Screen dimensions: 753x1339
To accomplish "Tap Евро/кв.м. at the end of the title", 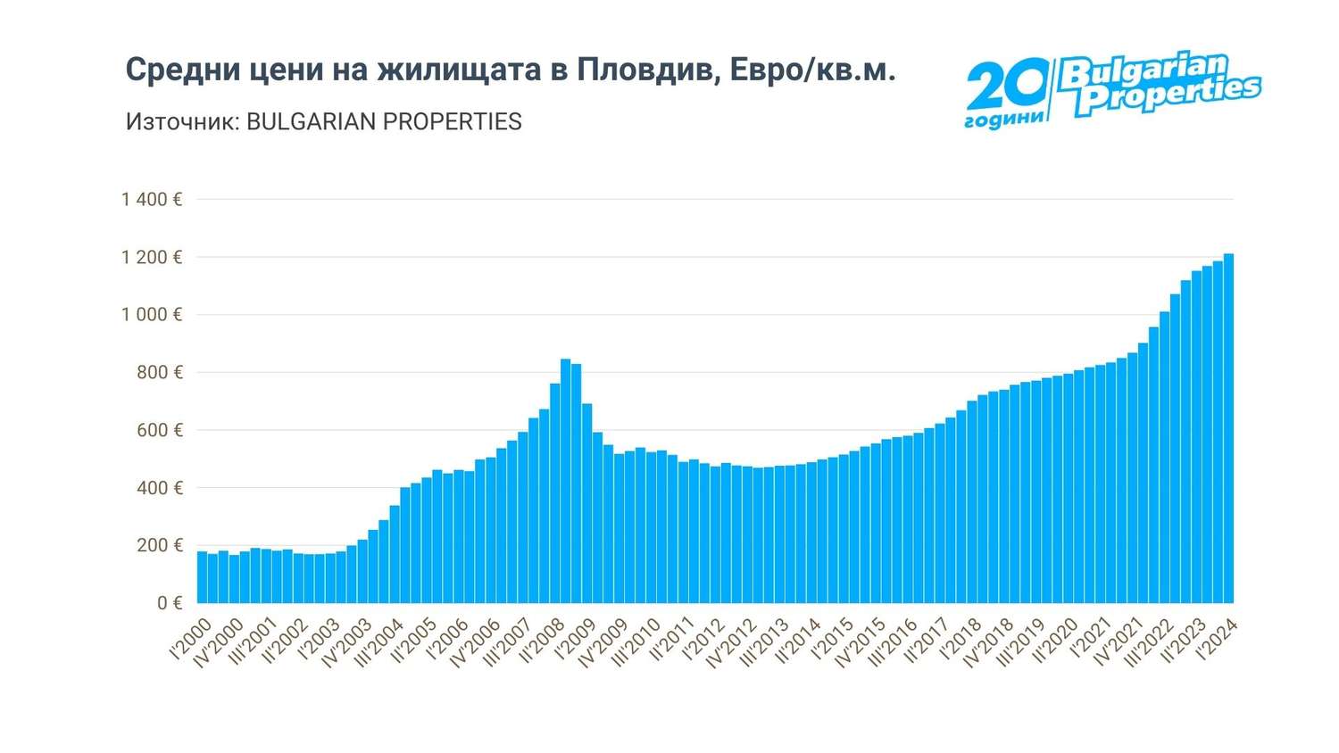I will [x=811, y=70].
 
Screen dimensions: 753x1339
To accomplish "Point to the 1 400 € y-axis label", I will [x=152, y=199].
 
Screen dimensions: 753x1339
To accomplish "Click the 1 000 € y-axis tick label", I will [x=152, y=315].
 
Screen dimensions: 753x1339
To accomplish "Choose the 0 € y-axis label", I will [x=170, y=603].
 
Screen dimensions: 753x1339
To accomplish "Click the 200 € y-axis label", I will [x=159, y=545].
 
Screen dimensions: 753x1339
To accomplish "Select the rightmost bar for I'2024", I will [x=1228, y=428].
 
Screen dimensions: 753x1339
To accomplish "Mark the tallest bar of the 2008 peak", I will [x=565, y=481].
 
